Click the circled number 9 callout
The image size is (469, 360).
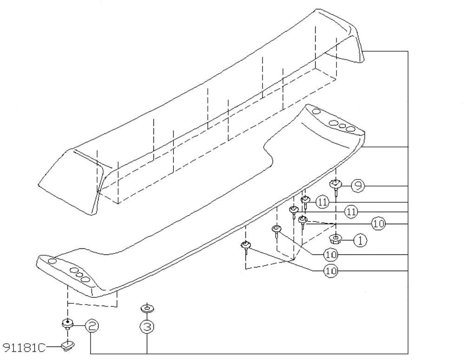(357, 186)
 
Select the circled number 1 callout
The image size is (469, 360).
(360, 240)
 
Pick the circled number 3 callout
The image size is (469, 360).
(147, 327)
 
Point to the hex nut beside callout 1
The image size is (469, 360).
(337, 240)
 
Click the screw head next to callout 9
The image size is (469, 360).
(336, 185)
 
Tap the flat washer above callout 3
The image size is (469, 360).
(147, 308)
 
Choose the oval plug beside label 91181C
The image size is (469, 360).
(68, 345)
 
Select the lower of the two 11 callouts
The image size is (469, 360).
(350, 212)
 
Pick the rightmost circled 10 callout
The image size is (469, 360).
(378, 224)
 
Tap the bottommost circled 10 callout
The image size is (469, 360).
(330, 271)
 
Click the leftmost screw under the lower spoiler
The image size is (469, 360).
(246, 246)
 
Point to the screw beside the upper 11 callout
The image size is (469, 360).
(305, 200)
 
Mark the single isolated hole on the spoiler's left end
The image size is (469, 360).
(52, 261)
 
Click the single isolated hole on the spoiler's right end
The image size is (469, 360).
(316, 112)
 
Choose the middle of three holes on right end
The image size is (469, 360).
(343, 126)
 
